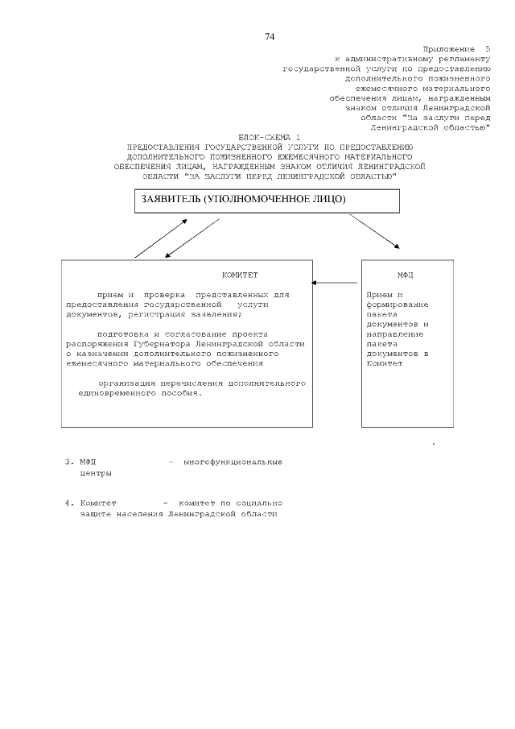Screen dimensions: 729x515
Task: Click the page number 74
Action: click(270, 36)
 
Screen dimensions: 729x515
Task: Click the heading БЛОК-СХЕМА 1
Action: click(270, 138)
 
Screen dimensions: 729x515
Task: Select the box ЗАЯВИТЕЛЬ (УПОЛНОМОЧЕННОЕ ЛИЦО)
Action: click(266, 201)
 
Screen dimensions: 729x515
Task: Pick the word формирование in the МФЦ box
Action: click(397, 304)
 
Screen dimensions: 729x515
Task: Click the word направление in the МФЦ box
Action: click(394, 333)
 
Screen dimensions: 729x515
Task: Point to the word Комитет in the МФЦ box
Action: click(382, 363)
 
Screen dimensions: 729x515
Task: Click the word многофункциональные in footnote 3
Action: click(233, 462)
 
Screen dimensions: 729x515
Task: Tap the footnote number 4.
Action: click(68, 503)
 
